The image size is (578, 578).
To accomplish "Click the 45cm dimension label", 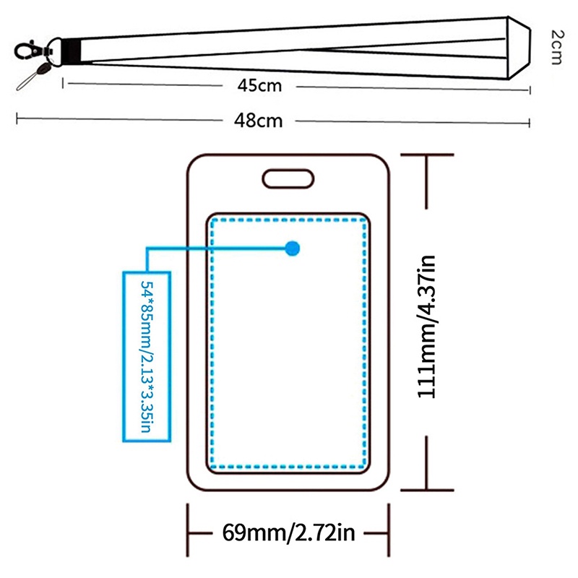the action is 259,85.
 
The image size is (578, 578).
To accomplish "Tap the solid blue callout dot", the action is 292,249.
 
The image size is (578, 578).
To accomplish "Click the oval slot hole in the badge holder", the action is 288,178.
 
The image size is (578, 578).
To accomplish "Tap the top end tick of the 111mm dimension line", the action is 428,155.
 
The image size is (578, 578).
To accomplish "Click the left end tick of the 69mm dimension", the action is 189,534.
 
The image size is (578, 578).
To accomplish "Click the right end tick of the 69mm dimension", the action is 387,534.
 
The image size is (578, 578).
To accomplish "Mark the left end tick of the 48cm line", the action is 17,118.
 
